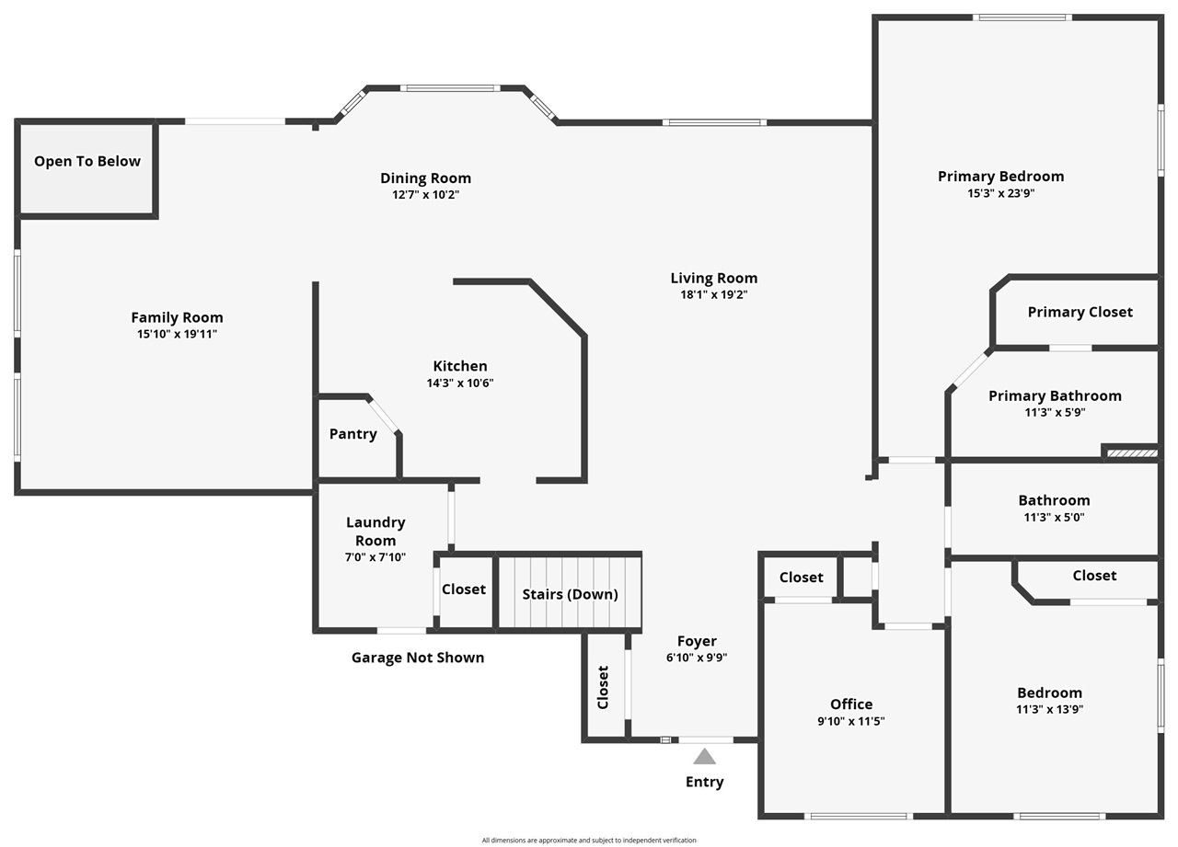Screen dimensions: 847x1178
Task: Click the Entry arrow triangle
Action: (x=704, y=757)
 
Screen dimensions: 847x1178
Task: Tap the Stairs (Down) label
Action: (x=570, y=594)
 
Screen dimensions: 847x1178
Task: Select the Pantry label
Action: (x=353, y=434)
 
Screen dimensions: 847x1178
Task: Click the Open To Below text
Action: (x=87, y=161)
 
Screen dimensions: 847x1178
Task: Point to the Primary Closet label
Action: (x=1080, y=312)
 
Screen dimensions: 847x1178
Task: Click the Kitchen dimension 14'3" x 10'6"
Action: (x=460, y=383)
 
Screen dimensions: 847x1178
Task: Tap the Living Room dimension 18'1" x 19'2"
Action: (x=713, y=294)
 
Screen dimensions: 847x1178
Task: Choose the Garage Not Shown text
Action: (x=418, y=658)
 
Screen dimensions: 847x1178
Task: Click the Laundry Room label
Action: (x=375, y=531)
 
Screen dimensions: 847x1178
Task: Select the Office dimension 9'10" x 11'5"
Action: (x=851, y=721)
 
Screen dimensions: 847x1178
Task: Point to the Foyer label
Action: (x=697, y=641)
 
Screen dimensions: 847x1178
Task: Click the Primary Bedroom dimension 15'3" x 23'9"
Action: (x=1000, y=193)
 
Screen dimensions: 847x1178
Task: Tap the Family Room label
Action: (x=177, y=317)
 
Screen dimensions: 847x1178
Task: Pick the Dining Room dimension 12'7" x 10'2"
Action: (x=425, y=195)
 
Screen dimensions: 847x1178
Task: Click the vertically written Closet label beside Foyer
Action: (x=604, y=687)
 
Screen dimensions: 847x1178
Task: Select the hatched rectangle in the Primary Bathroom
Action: (x=1131, y=452)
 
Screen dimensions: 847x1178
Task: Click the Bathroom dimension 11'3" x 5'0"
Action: (x=1054, y=517)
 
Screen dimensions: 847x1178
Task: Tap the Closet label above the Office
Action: (x=801, y=577)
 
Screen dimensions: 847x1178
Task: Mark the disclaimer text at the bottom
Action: (x=589, y=840)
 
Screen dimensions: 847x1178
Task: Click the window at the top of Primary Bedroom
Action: (x=1022, y=17)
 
